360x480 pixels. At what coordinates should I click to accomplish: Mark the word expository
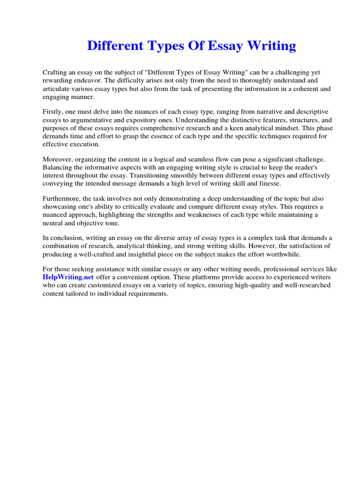[x=141, y=120]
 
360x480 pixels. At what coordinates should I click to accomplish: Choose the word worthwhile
[x=283, y=254]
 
